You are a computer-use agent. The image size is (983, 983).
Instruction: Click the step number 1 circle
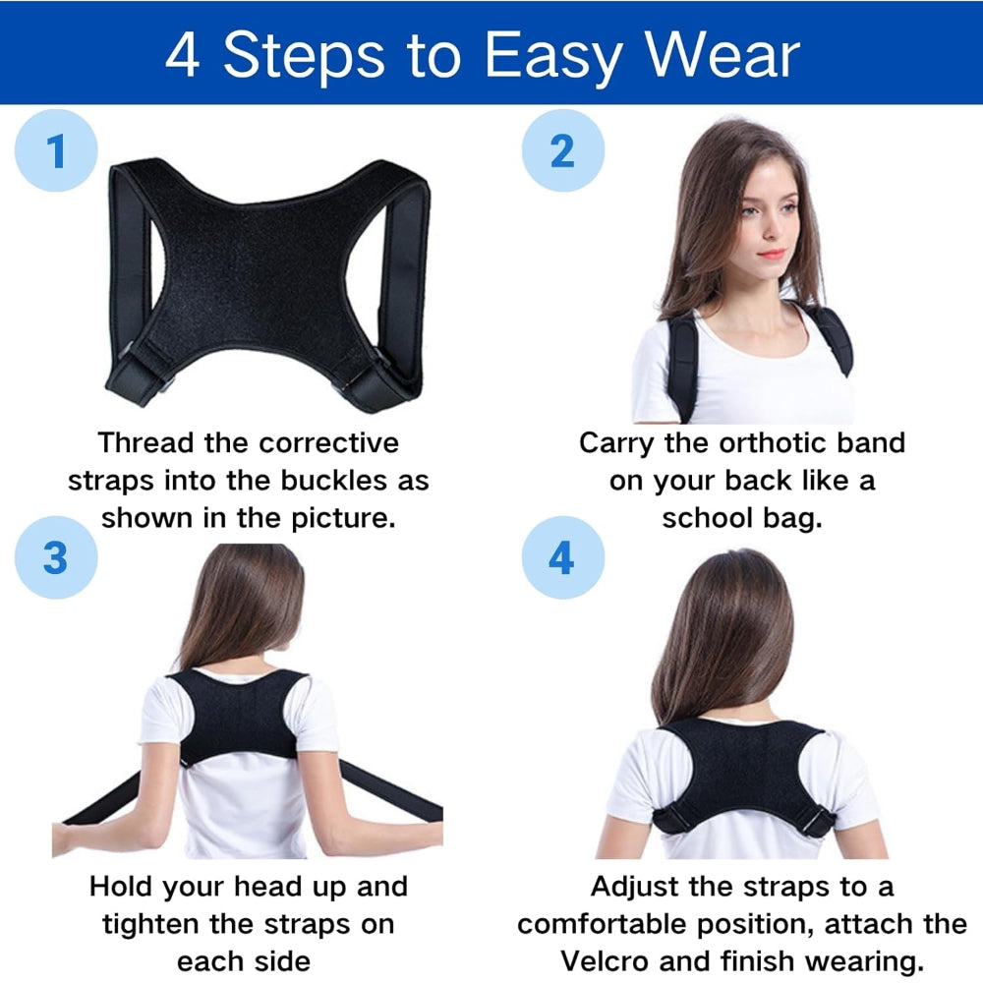tap(56, 150)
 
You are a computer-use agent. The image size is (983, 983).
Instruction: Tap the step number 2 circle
tap(563, 150)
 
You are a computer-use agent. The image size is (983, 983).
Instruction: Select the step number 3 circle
tap(56, 557)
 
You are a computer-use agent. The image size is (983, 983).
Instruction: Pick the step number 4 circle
tap(563, 557)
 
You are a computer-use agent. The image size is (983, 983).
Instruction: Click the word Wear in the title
tap(723, 55)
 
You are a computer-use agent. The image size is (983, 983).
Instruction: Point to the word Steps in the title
tap(304, 56)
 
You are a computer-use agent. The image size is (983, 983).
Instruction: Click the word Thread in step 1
tap(145, 442)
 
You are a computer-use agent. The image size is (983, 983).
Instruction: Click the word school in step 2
tap(707, 518)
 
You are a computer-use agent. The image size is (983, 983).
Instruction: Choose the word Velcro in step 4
tap(605, 961)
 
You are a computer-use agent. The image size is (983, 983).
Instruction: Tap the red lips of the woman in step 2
tap(771, 254)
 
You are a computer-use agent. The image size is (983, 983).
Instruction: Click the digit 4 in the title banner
tap(183, 56)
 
